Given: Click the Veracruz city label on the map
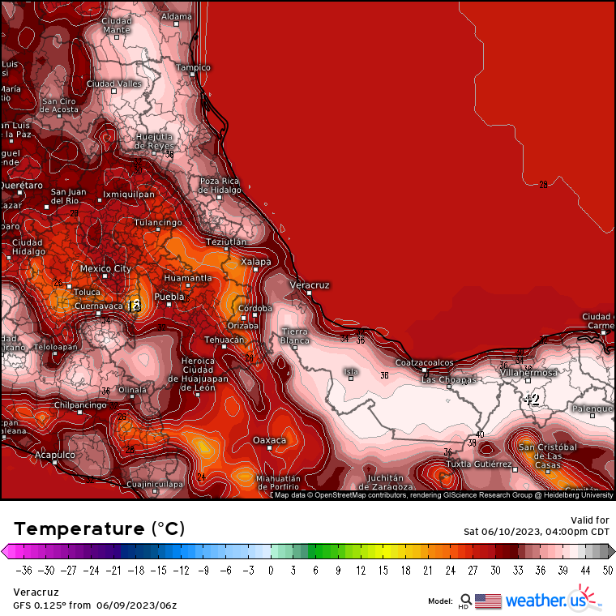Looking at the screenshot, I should (310, 285).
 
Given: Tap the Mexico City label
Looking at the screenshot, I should (105, 268).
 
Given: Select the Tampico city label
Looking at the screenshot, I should (194, 67).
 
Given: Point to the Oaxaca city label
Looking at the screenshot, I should (270, 440).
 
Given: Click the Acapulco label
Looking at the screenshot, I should (55, 456).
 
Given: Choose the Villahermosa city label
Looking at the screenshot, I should (528, 373).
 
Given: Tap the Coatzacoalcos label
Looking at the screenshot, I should (425, 362).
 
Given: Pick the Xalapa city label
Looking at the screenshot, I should (256, 261).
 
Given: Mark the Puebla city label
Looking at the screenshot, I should (169, 297).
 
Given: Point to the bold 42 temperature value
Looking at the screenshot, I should (531, 399).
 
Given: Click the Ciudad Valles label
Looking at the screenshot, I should (114, 83).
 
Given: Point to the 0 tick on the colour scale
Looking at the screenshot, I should (270, 571).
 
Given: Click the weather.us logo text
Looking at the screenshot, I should (545, 601).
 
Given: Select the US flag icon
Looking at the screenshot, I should (488, 601).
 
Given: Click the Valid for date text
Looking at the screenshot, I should (536, 532).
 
